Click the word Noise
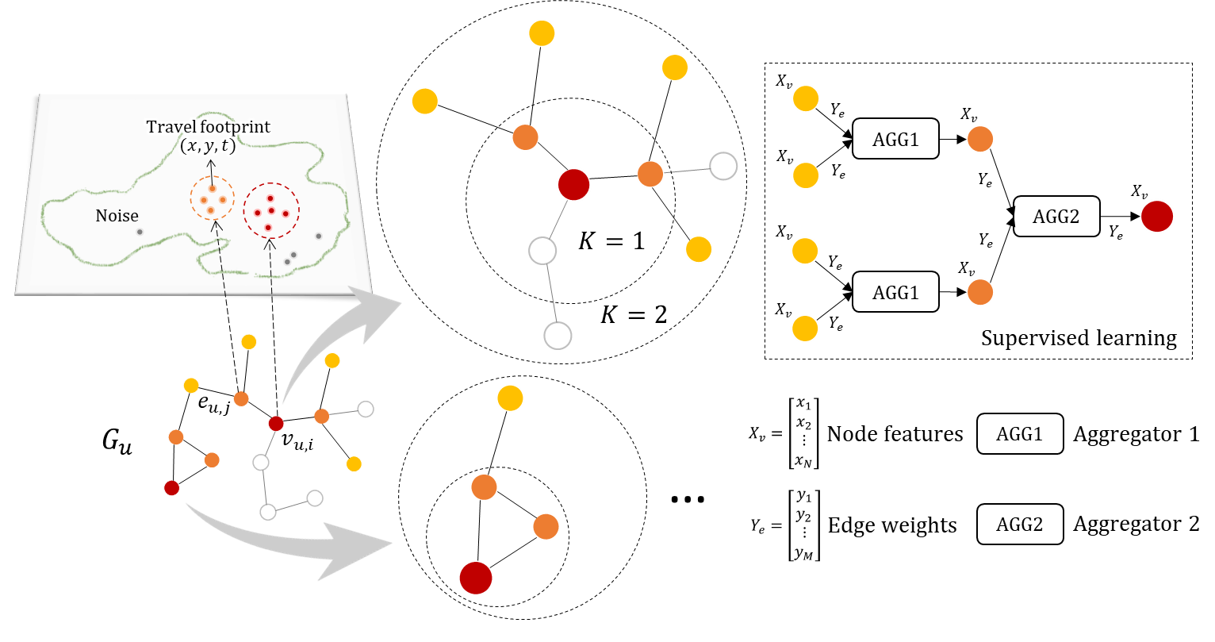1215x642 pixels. (x=117, y=216)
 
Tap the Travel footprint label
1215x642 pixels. (x=208, y=127)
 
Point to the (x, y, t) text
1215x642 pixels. (x=208, y=146)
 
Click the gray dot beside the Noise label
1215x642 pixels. (x=140, y=232)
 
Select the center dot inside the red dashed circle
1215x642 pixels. (x=271, y=211)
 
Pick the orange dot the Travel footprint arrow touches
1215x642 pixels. (x=213, y=189)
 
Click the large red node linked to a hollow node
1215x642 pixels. (x=573, y=184)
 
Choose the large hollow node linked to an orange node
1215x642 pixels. (x=723, y=167)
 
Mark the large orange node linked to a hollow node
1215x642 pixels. (x=650, y=173)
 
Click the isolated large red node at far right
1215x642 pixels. (x=1157, y=216)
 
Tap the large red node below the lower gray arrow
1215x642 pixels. (x=476, y=578)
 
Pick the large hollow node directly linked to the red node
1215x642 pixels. (x=542, y=251)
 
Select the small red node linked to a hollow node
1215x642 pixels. (x=276, y=423)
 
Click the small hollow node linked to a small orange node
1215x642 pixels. (x=366, y=409)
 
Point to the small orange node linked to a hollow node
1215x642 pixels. (x=321, y=416)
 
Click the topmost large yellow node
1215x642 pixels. (x=542, y=33)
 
